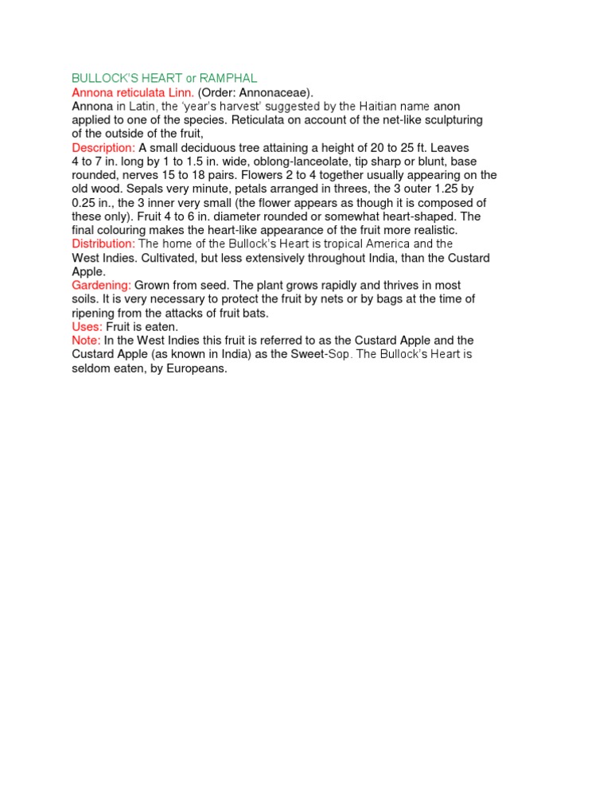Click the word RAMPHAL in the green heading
228,79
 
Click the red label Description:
103,148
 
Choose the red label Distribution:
103,244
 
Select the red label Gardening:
101,285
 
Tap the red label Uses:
87,326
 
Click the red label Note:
86,341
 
